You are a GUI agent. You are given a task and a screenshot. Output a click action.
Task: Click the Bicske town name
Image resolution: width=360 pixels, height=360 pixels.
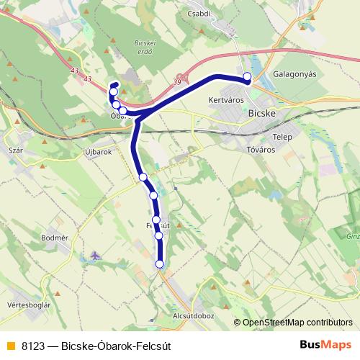pyautogui.click(x=263, y=113)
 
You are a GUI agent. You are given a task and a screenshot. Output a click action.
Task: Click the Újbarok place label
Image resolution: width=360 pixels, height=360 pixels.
pyautogui.click(x=99, y=152)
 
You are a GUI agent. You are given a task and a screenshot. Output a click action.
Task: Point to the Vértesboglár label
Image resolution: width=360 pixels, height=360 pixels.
pyautogui.click(x=28, y=305)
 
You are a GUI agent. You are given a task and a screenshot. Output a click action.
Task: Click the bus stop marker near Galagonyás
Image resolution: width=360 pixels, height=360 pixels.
pyautogui.click(x=248, y=76)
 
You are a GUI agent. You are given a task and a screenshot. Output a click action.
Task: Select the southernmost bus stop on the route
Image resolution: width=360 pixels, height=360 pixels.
pyautogui.click(x=160, y=264)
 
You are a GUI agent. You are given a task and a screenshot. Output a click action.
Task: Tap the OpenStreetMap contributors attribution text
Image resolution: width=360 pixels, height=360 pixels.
pyautogui.click(x=297, y=323)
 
